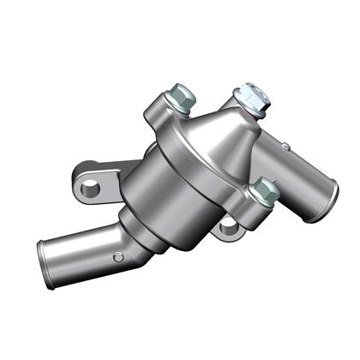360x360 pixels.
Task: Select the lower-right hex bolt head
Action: point(264,191)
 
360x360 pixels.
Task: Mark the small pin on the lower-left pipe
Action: point(118,255)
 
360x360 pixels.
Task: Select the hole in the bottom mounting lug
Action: point(227,226)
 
